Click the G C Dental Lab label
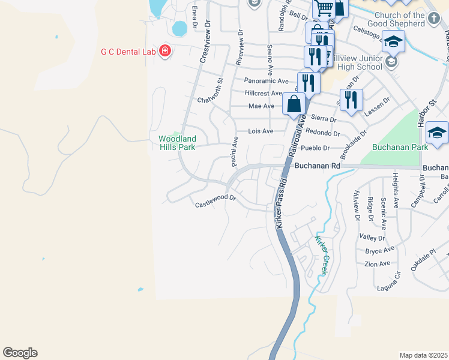(128, 52)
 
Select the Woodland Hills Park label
(177, 143)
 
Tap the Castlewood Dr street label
(216, 205)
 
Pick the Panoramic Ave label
(263, 80)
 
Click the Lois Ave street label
(261, 131)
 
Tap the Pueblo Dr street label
(318, 148)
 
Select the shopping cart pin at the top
(324, 8)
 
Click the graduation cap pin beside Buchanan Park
(438, 133)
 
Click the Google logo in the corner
(20, 353)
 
